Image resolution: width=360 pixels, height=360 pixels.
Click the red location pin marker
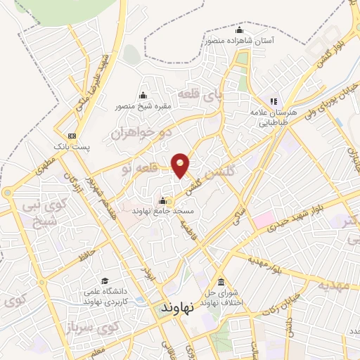click(x=181, y=165)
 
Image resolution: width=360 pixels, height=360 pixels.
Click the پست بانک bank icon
click(x=72, y=136)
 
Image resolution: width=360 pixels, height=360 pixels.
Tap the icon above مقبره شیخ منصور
click(x=143, y=96)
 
